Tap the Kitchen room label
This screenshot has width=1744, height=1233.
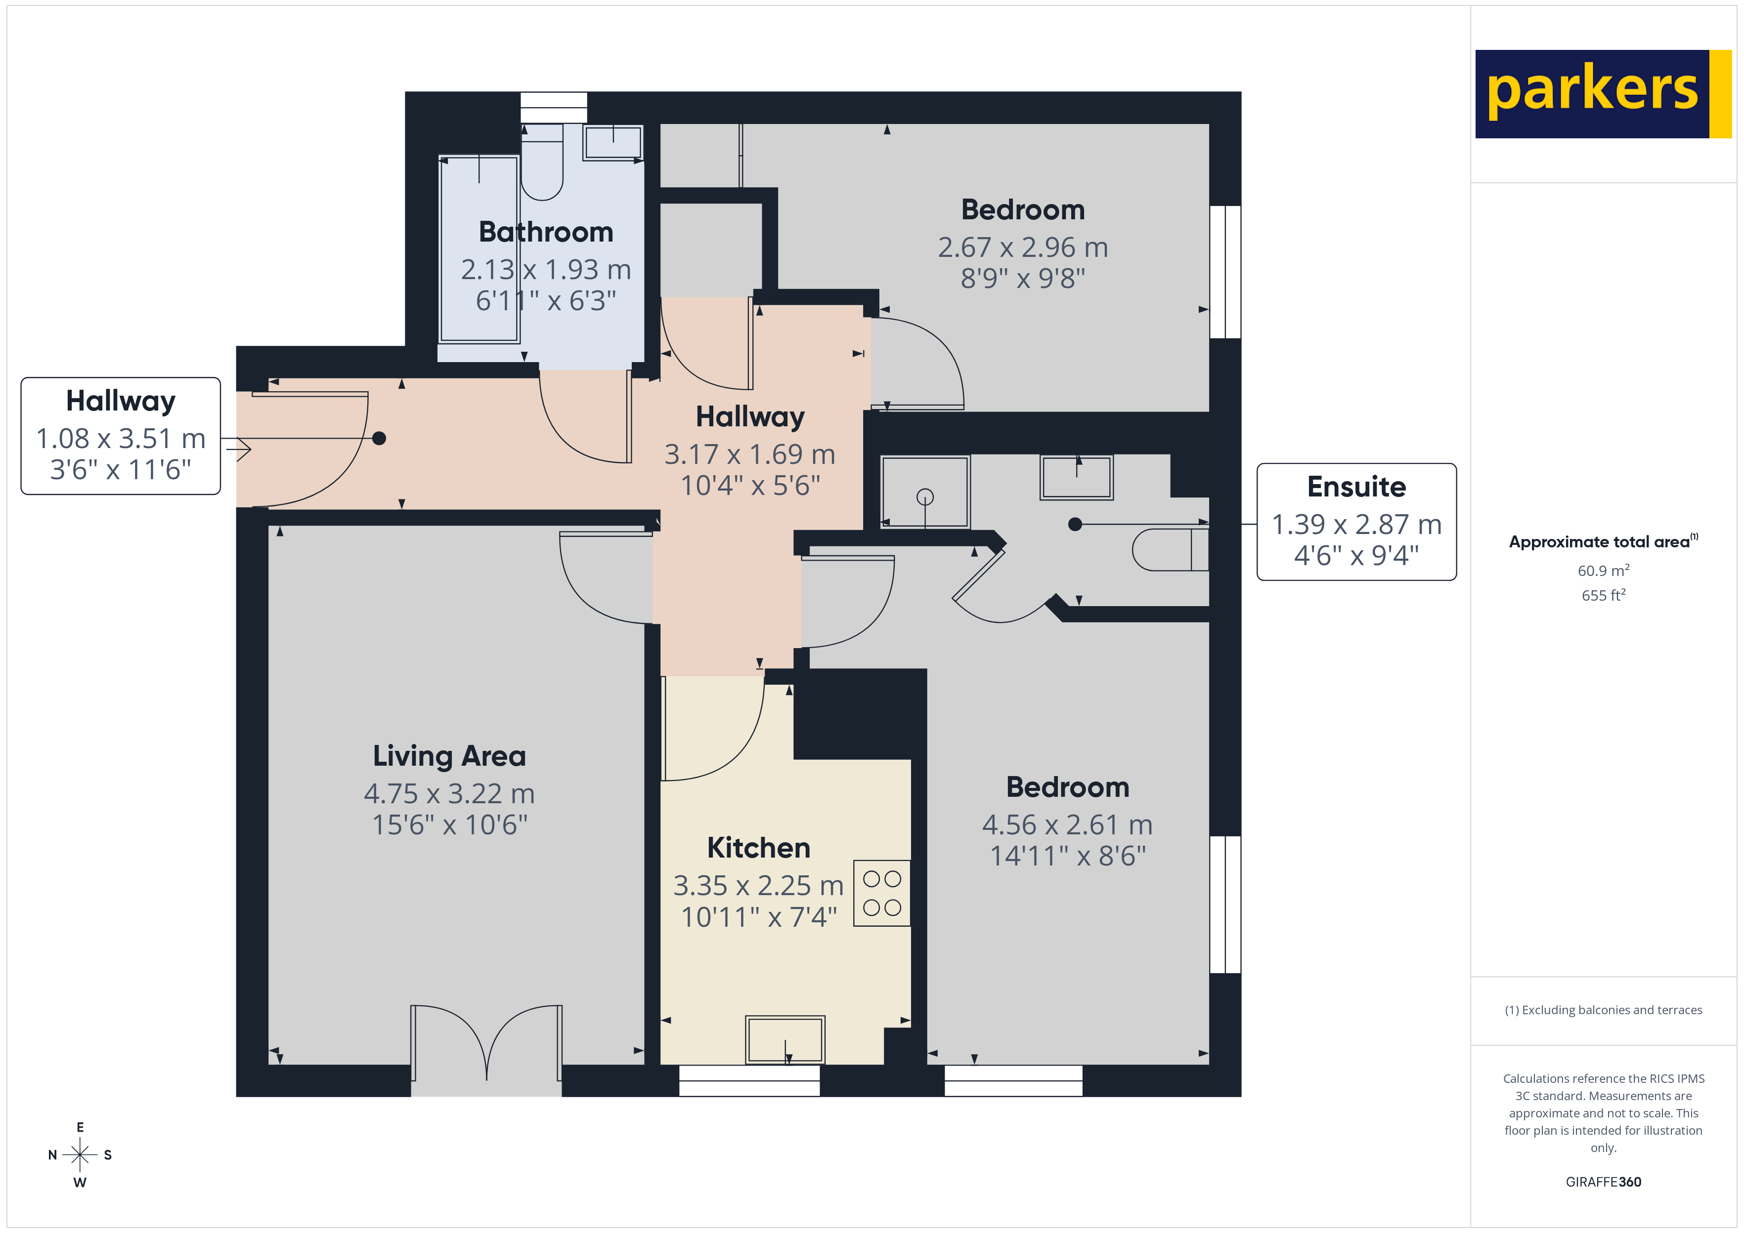point(758,847)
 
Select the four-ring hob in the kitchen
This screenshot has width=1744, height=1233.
point(881,893)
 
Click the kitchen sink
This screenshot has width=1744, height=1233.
point(785,1039)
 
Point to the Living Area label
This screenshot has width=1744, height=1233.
point(449,756)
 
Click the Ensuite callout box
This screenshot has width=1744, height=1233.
point(1356,522)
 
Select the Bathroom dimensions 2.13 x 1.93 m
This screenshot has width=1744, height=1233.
point(545,270)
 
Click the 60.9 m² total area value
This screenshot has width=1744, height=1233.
point(1603,570)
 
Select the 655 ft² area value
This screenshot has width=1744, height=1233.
point(1603,595)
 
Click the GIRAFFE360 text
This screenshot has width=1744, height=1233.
point(1603,1181)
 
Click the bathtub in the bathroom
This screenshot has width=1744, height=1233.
point(479,249)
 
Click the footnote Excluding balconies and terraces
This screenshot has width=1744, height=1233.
point(1603,1010)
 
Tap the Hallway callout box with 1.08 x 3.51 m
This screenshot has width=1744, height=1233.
point(121,436)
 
